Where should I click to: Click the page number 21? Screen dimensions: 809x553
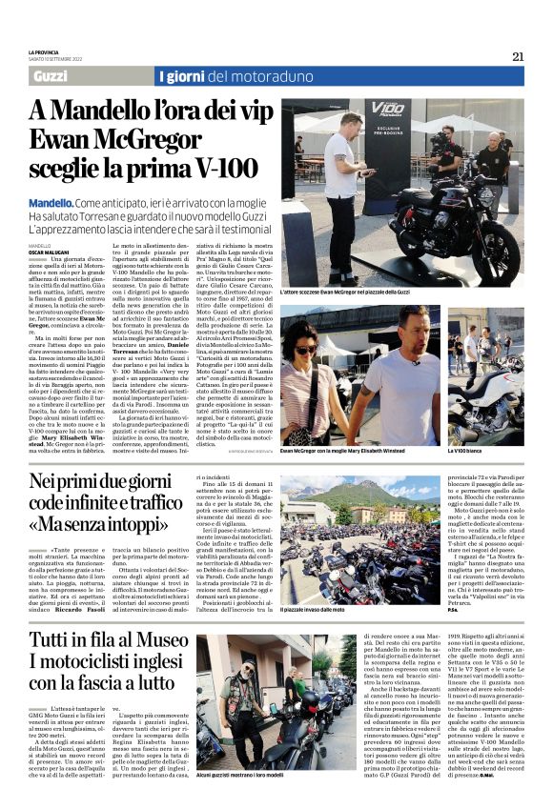518,56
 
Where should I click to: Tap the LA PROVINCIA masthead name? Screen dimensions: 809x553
44,52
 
